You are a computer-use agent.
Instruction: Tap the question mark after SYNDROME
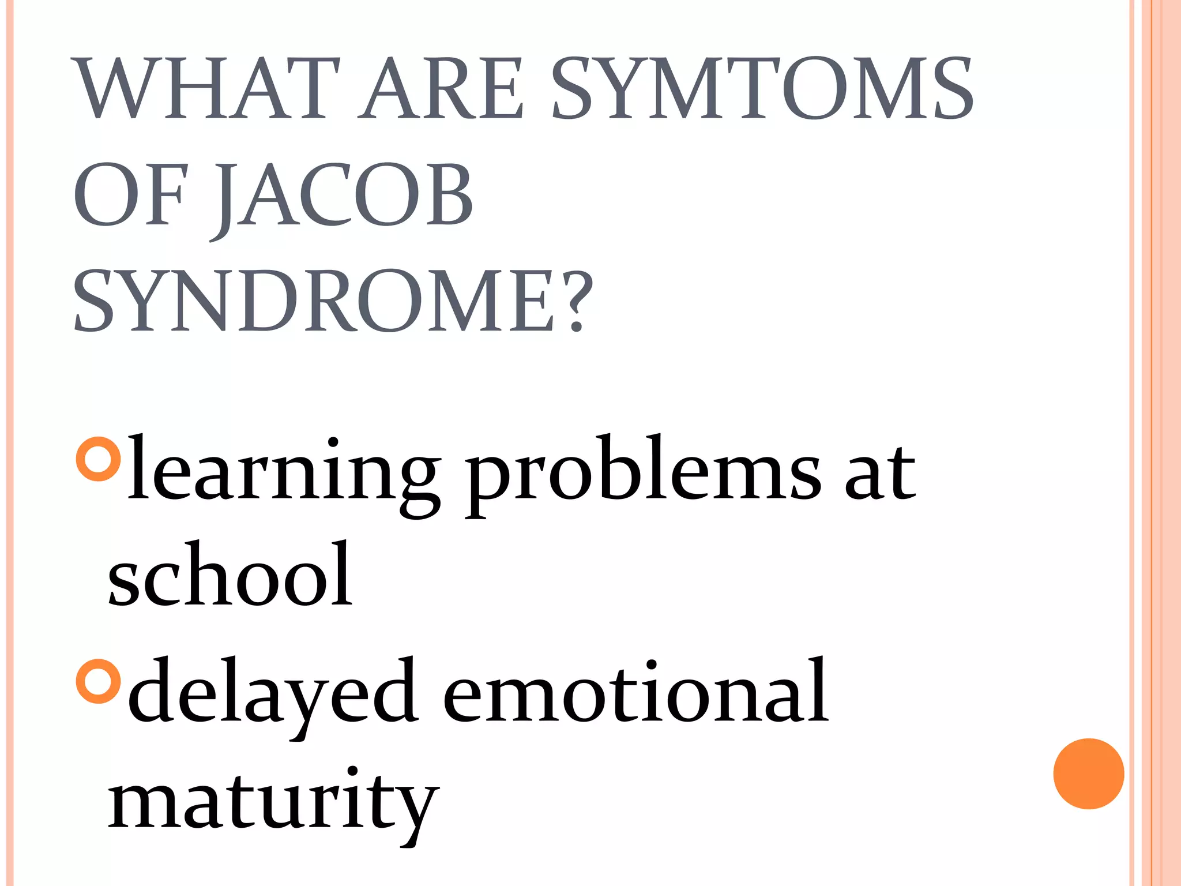click(577, 301)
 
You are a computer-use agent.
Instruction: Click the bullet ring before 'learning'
click(99, 459)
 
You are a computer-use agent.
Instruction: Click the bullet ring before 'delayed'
click(99, 681)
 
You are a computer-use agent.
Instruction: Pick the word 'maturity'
click(273, 802)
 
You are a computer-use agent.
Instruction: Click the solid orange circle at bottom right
click(1088, 774)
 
